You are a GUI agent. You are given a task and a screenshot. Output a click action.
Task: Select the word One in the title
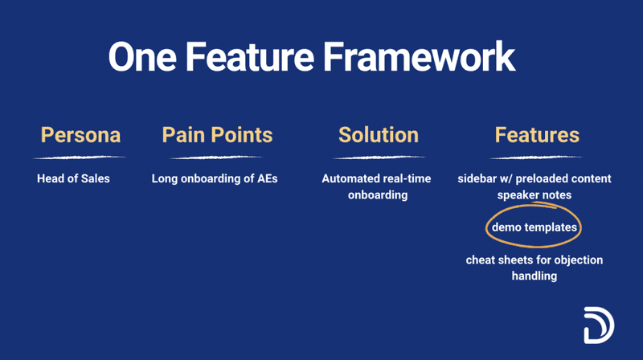pos(141,58)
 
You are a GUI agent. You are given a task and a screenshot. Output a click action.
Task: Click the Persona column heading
pos(80,134)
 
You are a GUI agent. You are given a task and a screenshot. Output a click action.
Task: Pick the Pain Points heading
pos(217,134)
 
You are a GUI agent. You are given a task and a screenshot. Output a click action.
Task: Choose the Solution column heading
pos(378,134)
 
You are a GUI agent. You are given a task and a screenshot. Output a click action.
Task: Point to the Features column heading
pos(537,134)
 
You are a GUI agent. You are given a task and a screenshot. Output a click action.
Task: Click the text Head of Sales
pos(73,178)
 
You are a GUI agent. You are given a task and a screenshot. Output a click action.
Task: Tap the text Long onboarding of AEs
pos(215,178)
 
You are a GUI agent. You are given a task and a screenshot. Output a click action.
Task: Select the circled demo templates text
pos(534,227)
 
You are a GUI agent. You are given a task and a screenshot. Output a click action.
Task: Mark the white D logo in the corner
pos(598,324)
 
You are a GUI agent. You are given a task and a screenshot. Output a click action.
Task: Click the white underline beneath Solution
pos(378,157)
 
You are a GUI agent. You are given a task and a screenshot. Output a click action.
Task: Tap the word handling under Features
pos(534,276)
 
